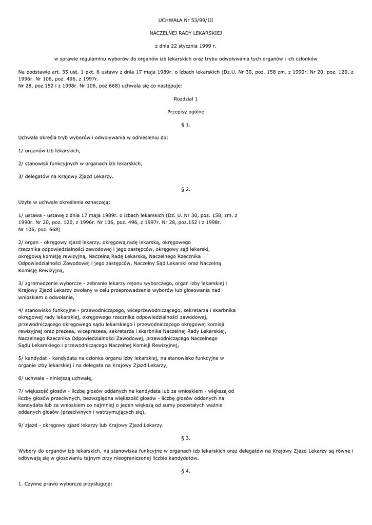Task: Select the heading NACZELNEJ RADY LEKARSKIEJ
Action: pyautogui.click(x=186, y=32)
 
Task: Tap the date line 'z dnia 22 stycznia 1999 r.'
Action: pyautogui.click(x=186, y=46)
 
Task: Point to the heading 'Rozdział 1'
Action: pyautogui.click(x=186, y=98)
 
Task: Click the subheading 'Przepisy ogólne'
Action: pyautogui.click(x=186, y=111)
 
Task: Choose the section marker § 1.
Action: pyautogui.click(x=186, y=125)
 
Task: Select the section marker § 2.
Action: pyautogui.click(x=186, y=189)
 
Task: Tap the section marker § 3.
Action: pyautogui.click(x=186, y=438)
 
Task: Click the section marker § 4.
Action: pyautogui.click(x=186, y=471)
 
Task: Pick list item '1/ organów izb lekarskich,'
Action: pyautogui.click(x=49, y=151)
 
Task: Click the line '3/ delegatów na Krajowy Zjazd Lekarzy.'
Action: pyautogui.click(x=66, y=176)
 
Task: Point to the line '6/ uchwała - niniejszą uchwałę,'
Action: pyautogui.click(x=55, y=378)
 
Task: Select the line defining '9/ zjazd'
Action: pyautogui.click(x=91, y=425)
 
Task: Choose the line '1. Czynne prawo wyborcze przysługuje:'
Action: pyautogui.click(x=65, y=484)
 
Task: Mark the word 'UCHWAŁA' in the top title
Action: pyautogui.click(x=167, y=19)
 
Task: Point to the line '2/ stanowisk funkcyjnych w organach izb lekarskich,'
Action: pyautogui.click(x=80, y=164)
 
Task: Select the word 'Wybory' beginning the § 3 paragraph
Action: pyautogui.click(x=27, y=451)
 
